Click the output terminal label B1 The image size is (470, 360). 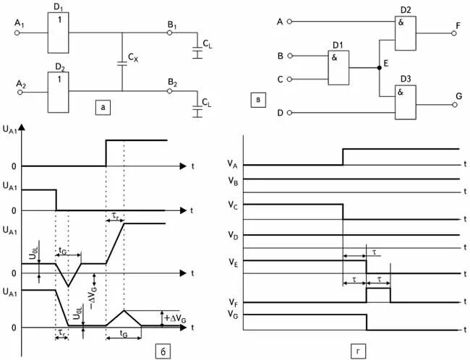click(x=172, y=25)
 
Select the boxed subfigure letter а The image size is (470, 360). click(x=104, y=108)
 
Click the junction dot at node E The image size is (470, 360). click(x=379, y=68)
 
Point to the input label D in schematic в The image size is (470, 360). click(x=279, y=113)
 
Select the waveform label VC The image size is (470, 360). click(x=233, y=205)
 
